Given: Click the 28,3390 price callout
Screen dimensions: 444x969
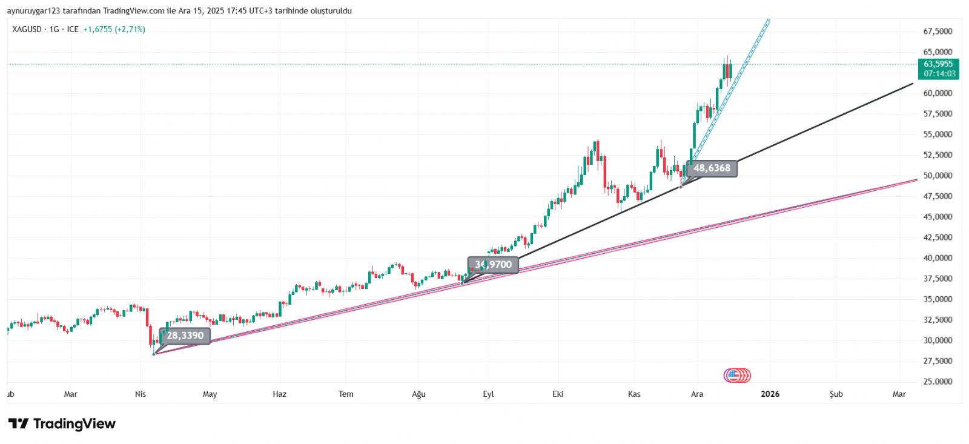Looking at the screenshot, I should pos(185,336).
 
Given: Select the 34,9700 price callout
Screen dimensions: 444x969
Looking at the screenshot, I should pos(493,265).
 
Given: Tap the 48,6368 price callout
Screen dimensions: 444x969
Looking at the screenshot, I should pos(712,168).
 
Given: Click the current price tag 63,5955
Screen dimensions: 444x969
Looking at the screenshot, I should pos(938,64).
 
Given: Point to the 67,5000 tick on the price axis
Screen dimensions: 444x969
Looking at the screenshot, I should pos(938,31).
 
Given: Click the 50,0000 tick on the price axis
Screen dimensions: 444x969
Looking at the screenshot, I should pos(938,176).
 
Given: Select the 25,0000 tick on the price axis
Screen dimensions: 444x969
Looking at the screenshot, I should pos(938,382).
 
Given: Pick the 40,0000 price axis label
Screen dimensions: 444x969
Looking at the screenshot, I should pos(938,258).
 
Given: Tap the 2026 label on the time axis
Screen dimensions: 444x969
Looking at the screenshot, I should pos(770,394).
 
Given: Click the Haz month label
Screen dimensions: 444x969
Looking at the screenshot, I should pos(279,394).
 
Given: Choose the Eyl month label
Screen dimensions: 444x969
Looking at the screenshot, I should pos(488,394).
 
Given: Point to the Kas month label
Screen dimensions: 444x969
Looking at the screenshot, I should pos(634,394).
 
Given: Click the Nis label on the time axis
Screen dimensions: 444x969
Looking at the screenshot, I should pos(141,394).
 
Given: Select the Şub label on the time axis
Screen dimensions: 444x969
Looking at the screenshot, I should pos(836,394).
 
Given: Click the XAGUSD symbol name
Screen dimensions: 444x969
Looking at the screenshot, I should pos(27,29).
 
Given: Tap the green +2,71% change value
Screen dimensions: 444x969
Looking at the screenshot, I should pos(130,29).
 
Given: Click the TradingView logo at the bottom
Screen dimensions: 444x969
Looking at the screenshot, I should pos(62,423).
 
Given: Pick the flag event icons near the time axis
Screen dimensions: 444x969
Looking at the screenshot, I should pos(737,376).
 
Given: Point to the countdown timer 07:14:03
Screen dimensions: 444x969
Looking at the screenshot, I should pos(939,74).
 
